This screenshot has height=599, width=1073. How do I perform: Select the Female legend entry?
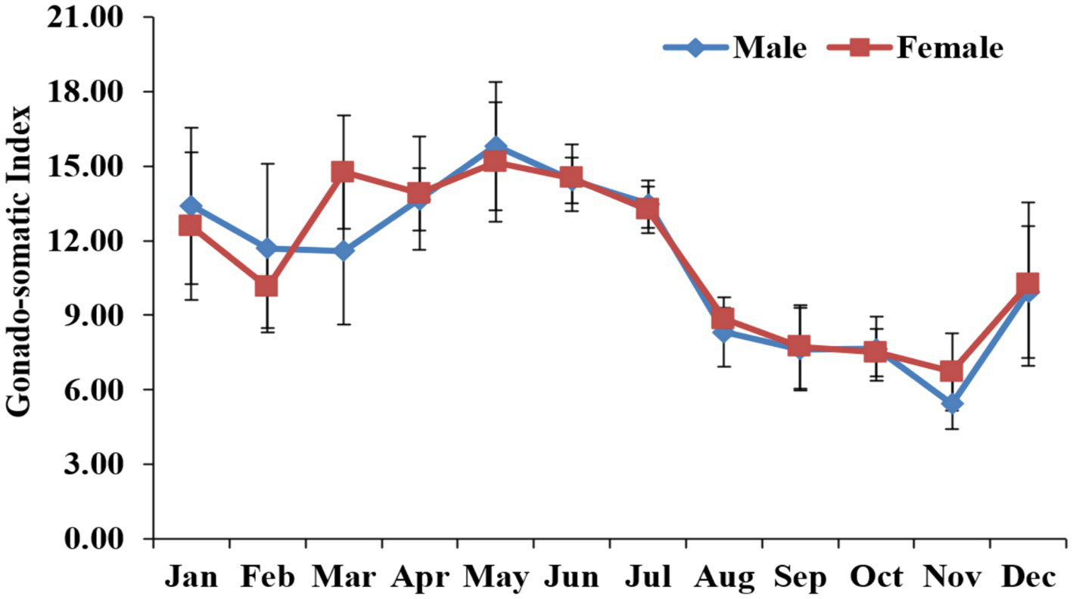(x=950, y=48)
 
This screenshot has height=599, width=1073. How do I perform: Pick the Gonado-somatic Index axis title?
(x=20, y=260)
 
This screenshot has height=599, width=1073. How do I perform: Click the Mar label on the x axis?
(x=344, y=577)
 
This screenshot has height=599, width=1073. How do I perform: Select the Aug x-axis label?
(x=723, y=577)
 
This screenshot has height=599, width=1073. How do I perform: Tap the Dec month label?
(x=1028, y=577)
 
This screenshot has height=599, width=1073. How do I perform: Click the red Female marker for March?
(x=343, y=171)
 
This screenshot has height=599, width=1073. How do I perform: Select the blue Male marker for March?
(x=343, y=251)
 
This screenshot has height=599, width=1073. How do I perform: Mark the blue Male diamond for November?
(x=951, y=404)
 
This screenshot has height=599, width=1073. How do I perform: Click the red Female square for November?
(x=951, y=371)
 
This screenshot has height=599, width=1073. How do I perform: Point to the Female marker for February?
(x=266, y=286)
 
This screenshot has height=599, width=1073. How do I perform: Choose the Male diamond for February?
(x=266, y=248)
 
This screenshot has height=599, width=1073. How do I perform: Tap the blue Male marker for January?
(x=191, y=206)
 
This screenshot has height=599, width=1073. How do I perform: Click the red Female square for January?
(x=191, y=225)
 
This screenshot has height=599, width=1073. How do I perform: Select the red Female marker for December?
(x=1028, y=283)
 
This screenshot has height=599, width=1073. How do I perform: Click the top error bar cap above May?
(x=495, y=82)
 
